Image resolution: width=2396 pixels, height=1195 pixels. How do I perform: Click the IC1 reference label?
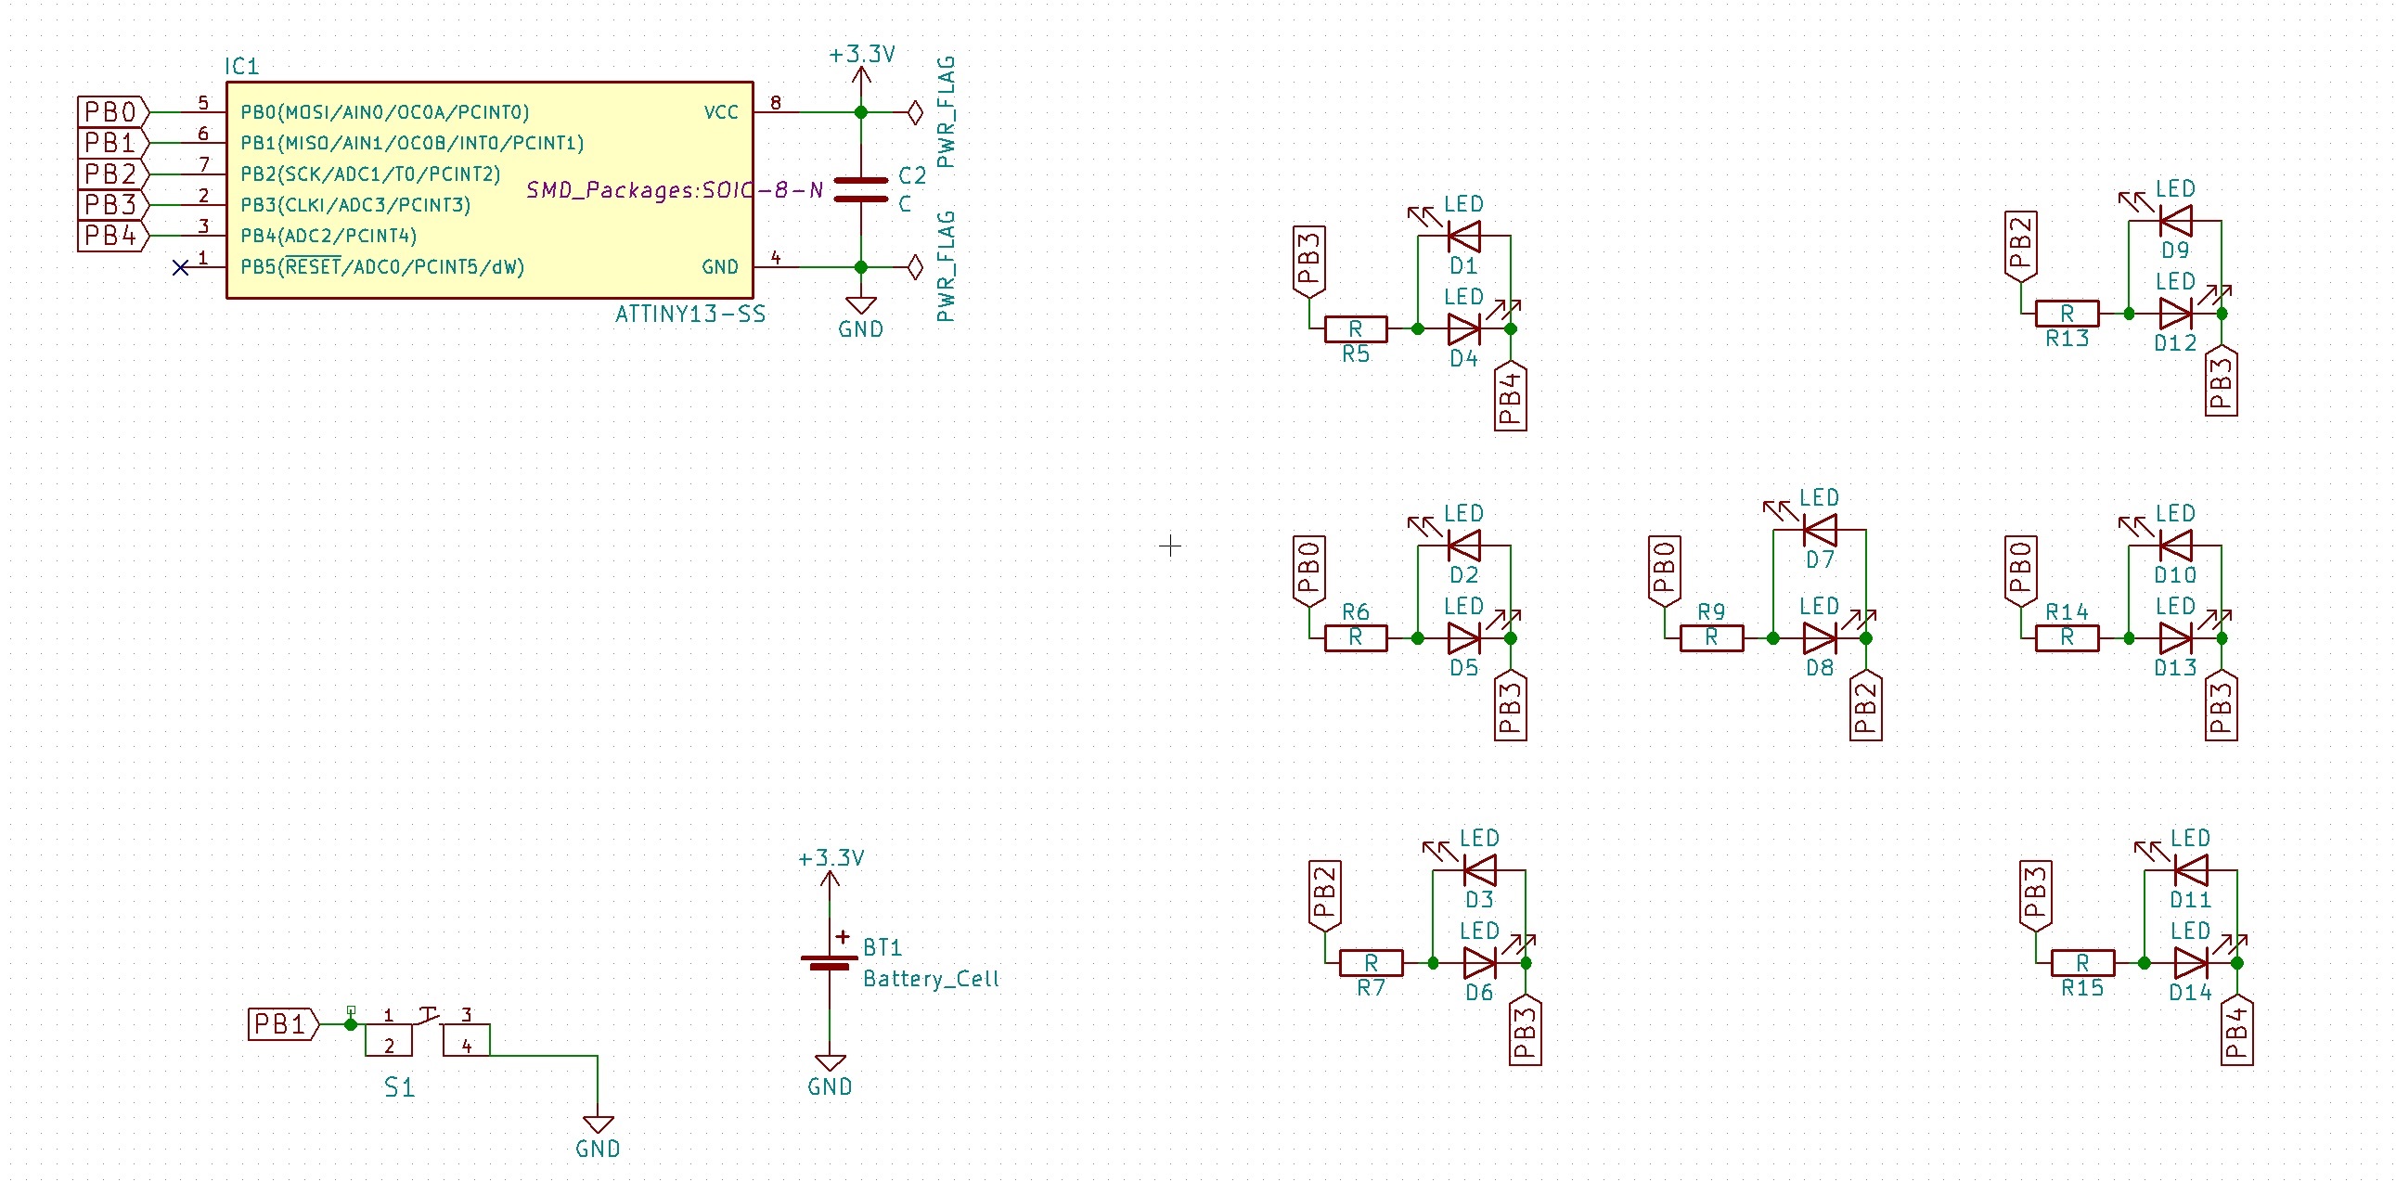point(242,66)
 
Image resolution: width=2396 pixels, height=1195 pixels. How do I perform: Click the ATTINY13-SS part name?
point(690,314)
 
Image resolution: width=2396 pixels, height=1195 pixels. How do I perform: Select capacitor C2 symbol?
point(860,188)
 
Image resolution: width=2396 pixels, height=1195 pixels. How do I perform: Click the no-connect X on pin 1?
point(181,268)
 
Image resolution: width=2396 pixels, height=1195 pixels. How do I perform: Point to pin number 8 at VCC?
point(776,102)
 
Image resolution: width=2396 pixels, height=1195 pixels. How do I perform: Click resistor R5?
point(1355,328)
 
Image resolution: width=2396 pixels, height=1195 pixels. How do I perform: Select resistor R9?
point(1711,638)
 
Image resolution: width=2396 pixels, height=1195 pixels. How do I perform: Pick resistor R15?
point(2082,962)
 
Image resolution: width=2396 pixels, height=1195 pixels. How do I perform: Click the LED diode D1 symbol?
point(1463,237)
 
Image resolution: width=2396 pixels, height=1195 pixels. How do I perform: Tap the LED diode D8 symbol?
point(1820,638)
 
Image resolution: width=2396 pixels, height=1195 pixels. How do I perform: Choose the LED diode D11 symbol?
point(2190,870)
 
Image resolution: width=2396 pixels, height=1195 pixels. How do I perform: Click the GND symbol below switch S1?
point(597,1124)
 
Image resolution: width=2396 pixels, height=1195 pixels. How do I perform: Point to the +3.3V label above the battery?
point(831,857)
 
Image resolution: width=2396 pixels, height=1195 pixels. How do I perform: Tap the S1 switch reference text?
point(400,1087)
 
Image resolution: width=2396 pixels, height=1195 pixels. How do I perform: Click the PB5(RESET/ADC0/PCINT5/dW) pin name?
point(382,267)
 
